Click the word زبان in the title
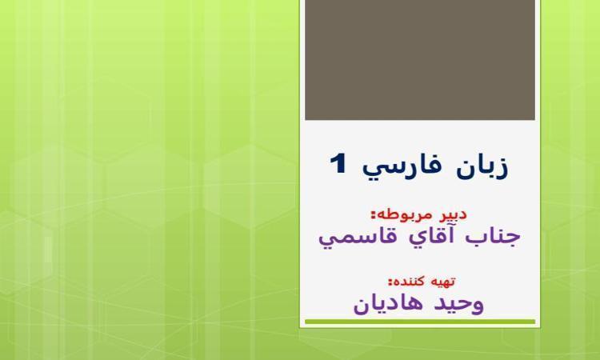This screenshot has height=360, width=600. pyautogui.click(x=482, y=166)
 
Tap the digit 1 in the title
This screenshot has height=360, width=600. pyautogui.click(x=338, y=164)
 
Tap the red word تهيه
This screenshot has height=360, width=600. pyautogui.click(x=442, y=282)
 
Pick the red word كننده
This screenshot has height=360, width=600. pyautogui.click(x=410, y=282)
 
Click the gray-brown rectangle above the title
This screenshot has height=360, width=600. pyautogui.click(x=420, y=60)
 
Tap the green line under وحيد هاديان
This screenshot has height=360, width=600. pyautogui.click(x=420, y=322)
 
